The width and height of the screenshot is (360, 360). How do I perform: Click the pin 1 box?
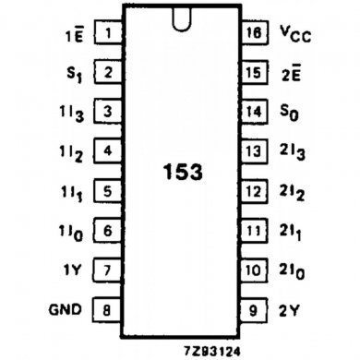[x=109, y=34]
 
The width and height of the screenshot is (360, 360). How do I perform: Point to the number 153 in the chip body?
[x=182, y=173]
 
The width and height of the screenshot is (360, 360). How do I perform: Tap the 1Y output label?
[x=73, y=270]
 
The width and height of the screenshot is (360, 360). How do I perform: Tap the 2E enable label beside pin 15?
[x=292, y=71]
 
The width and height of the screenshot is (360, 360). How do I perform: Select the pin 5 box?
[x=109, y=192]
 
